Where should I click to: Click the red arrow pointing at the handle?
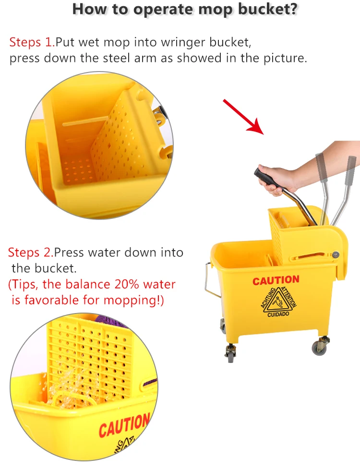coord(243,116)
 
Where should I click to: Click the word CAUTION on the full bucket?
coord(276,280)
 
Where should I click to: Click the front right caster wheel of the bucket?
coord(320,346)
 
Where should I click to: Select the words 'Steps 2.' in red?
coord(31,252)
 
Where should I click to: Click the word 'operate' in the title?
coord(166,10)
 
